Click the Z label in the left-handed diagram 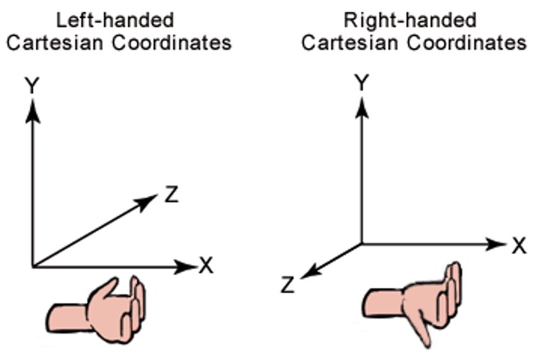tap(171, 196)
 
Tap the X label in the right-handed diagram tap(518, 245)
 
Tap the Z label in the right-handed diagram tap(287, 285)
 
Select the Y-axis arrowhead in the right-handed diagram tap(362, 105)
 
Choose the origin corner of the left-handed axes tap(32, 266)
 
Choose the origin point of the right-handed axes tap(362, 244)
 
